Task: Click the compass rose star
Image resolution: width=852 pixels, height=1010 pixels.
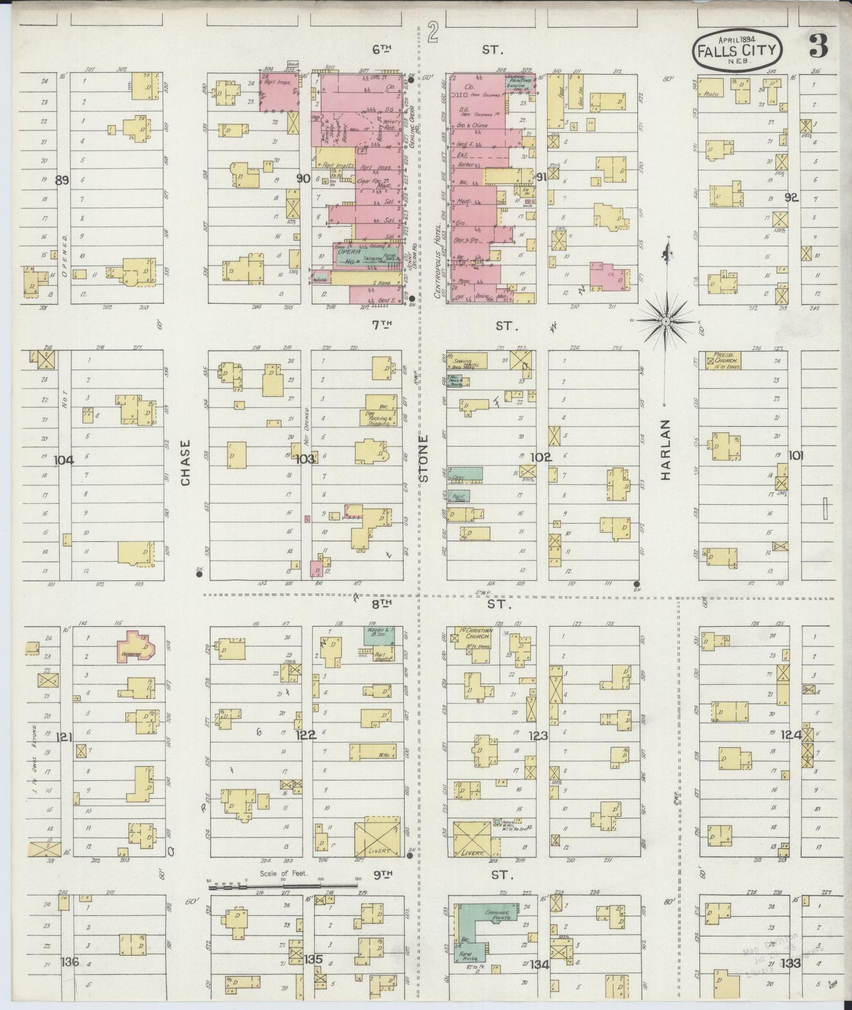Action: pos(666,321)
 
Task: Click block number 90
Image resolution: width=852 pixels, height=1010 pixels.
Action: pos(304,179)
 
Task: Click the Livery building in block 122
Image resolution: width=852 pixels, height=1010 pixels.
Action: pos(377,837)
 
